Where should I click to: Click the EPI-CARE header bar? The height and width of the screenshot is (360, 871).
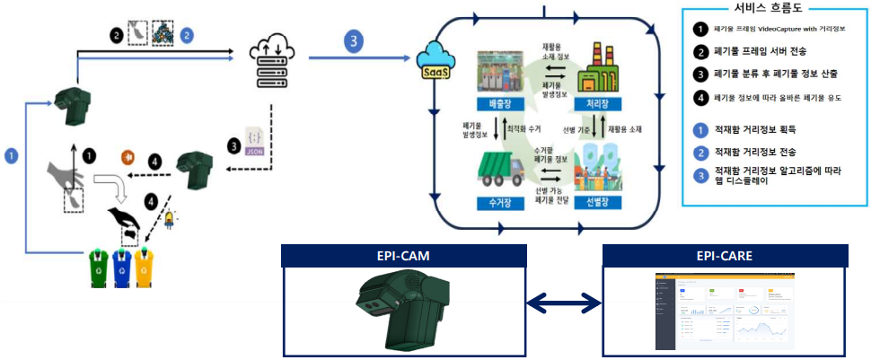[724, 256]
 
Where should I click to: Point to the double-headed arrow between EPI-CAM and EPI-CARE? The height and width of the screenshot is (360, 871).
[562, 305]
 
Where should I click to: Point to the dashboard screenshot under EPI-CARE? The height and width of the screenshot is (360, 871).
[724, 311]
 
